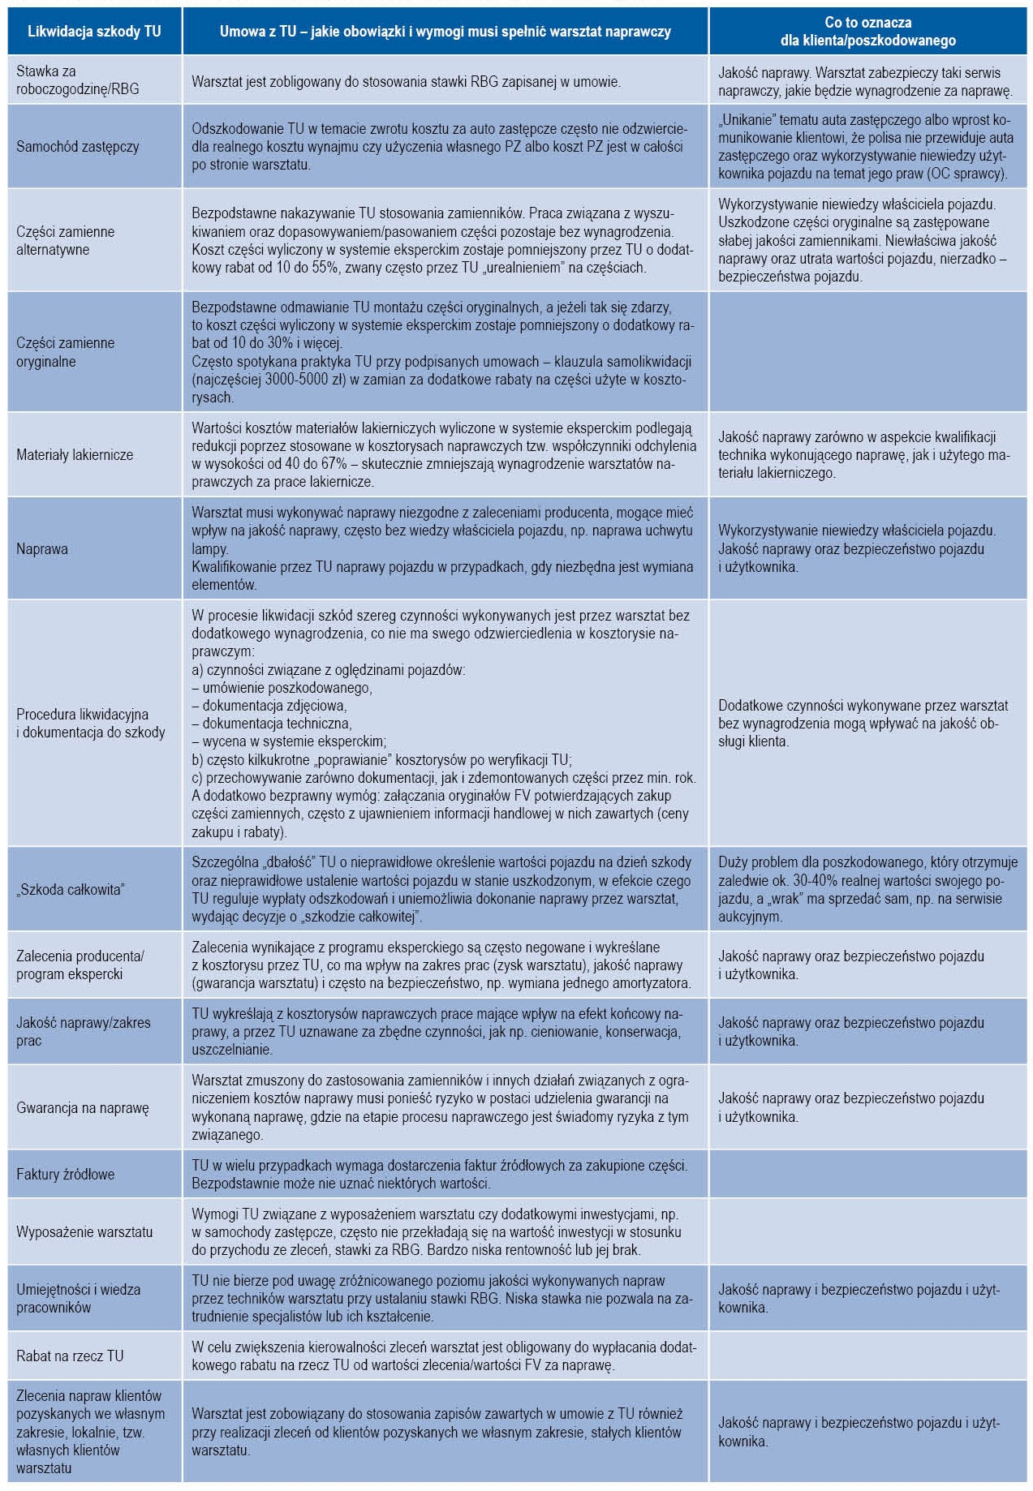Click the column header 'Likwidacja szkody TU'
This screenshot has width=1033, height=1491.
94,32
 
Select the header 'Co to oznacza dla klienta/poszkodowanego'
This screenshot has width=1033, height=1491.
867,32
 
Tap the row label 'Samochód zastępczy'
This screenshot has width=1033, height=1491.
78,147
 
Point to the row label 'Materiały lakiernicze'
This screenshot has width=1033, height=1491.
75,455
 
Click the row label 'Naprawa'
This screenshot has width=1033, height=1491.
42,549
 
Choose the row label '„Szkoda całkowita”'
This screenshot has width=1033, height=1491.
70,889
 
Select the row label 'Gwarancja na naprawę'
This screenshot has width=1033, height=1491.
83,1108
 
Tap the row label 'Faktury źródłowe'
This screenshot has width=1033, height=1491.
66,1174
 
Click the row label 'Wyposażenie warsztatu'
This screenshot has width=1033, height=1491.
84,1231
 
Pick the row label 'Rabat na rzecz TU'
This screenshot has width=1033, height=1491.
70,1356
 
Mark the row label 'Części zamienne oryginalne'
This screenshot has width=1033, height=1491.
66,352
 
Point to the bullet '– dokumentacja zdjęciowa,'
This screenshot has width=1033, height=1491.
269,706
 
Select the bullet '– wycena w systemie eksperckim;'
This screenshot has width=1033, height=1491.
289,741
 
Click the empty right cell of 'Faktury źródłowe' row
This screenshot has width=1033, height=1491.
867,1174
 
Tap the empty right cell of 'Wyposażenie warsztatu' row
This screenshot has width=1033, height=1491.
867,1231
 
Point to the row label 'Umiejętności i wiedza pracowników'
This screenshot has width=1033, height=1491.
78,1298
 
